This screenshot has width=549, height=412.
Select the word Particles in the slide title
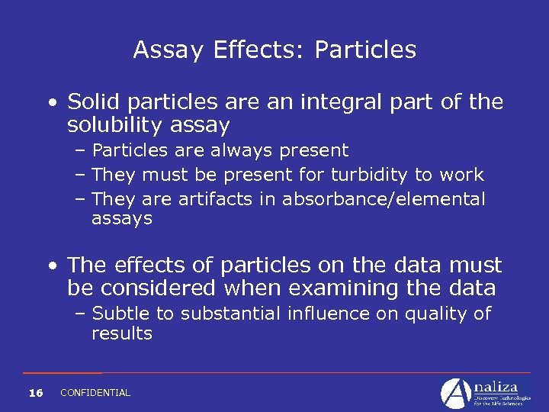[365, 50]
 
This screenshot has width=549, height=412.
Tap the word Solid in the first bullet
[90, 101]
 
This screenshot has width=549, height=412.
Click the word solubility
[117, 124]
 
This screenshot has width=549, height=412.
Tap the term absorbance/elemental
[384, 199]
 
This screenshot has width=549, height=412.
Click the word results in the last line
[122, 333]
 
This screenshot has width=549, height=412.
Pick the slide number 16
[35, 393]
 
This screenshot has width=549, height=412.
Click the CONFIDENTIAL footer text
[95, 393]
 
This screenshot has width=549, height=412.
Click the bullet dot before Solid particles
[51, 102]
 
